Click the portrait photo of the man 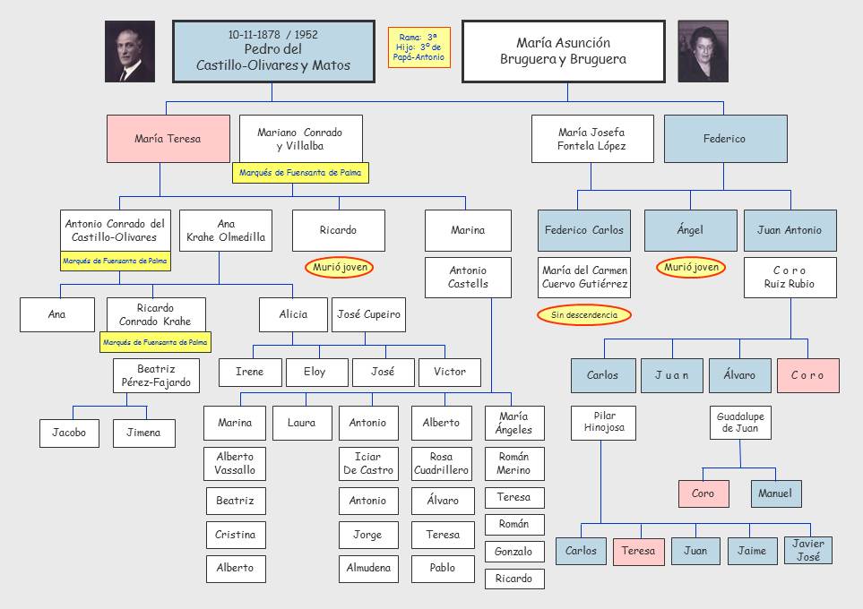click(x=130, y=51)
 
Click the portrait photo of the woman click(x=703, y=51)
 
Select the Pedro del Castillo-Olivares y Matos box click(x=272, y=51)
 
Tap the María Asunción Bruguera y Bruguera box click(x=563, y=51)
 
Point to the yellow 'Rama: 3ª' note click(x=419, y=47)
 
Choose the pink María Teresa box click(x=168, y=139)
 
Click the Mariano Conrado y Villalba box click(x=299, y=139)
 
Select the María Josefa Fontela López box click(x=591, y=139)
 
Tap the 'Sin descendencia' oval click(x=584, y=315)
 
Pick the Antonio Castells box click(x=468, y=277)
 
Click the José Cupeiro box click(x=368, y=314)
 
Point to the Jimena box click(x=143, y=433)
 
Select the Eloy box click(x=315, y=372)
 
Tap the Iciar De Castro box click(x=367, y=463)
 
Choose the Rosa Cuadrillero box click(x=441, y=463)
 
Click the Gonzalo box click(x=513, y=552)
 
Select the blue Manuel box click(x=775, y=493)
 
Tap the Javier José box click(x=807, y=550)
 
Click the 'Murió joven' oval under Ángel click(x=691, y=267)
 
